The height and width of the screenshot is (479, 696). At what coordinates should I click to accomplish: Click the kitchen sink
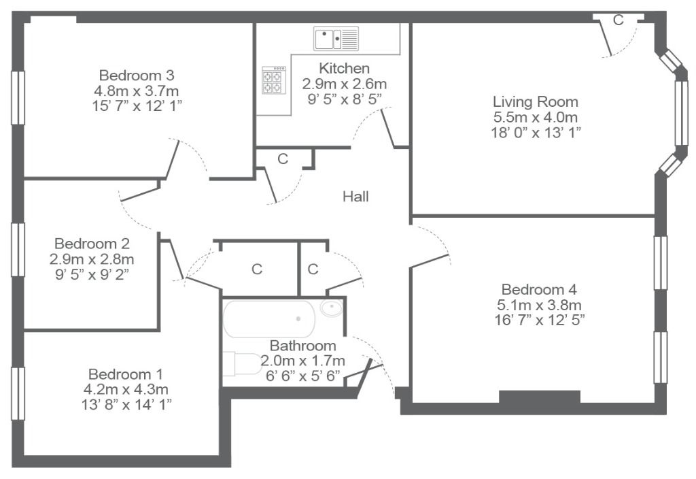(336, 39)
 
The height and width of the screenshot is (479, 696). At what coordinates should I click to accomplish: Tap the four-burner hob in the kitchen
(274, 80)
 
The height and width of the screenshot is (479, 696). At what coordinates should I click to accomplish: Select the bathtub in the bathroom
(269, 319)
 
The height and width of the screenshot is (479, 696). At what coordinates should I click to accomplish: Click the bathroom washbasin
(331, 308)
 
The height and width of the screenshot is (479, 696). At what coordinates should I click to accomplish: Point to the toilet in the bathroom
(243, 365)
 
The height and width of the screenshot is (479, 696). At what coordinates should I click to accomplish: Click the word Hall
(355, 197)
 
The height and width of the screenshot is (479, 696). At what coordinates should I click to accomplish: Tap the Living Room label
(536, 101)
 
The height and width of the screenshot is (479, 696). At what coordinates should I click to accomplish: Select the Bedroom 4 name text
(539, 289)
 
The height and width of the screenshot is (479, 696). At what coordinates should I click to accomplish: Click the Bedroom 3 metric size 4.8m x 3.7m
(136, 90)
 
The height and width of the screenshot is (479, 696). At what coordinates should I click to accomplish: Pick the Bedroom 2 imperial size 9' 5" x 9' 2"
(92, 274)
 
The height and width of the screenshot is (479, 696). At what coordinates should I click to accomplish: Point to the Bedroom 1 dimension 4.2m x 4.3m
(126, 389)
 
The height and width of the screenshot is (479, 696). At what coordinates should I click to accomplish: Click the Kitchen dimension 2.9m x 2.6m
(345, 84)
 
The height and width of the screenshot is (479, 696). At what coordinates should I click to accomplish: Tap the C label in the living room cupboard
(619, 20)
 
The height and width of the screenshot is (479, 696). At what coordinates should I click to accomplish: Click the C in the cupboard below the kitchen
(283, 159)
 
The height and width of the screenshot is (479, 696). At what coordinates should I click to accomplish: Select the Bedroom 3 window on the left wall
(18, 97)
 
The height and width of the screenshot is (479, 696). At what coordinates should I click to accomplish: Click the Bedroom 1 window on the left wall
(18, 394)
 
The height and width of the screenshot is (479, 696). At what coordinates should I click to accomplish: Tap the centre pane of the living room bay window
(681, 113)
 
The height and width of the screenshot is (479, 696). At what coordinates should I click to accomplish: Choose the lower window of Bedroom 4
(661, 357)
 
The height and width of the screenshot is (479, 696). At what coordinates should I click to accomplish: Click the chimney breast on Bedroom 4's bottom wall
(540, 397)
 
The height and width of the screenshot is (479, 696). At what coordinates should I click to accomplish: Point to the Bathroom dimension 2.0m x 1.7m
(302, 361)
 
